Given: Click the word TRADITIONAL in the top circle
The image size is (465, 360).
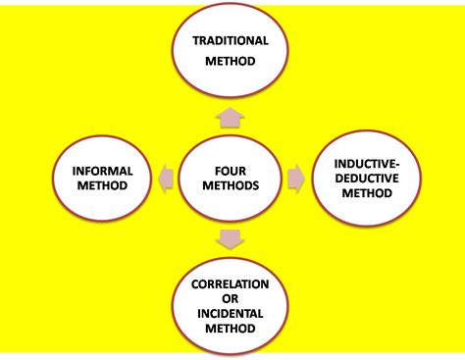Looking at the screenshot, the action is click(231, 40).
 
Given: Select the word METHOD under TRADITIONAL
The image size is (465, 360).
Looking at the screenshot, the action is click(231, 61).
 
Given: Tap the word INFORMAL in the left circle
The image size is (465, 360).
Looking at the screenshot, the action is click(102, 171).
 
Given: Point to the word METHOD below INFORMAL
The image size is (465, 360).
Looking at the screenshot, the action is click(102, 185).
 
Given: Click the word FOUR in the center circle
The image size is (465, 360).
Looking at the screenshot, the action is click(231, 171).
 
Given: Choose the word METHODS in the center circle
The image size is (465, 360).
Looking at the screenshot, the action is click(231, 185).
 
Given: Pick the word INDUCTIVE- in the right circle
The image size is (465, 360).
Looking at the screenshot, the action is click(367, 164).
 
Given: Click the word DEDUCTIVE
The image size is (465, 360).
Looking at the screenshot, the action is click(367, 179).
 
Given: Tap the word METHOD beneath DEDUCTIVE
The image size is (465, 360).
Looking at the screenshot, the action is click(367, 193).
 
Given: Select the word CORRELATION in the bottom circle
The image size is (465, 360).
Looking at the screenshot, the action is click(231, 284).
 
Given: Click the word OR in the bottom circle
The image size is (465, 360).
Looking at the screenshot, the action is click(231, 299).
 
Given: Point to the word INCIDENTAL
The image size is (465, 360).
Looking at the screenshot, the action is click(231, 314).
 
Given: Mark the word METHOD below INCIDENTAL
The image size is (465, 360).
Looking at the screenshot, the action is click(231, 329).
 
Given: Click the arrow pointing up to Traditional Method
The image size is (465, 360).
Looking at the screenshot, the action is click(231, 118).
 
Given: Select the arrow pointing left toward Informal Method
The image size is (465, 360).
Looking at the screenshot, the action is click(166, 179).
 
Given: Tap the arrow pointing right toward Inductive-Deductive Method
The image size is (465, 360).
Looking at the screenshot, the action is click(296, 179).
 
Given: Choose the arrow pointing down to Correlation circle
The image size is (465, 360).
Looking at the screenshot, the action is click(231, 239).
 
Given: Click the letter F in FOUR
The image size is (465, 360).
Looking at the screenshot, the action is click(218, 171).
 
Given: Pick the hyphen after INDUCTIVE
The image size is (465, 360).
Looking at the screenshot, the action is click(398, 165).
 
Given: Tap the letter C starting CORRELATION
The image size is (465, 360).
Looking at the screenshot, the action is click(195, 284).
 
